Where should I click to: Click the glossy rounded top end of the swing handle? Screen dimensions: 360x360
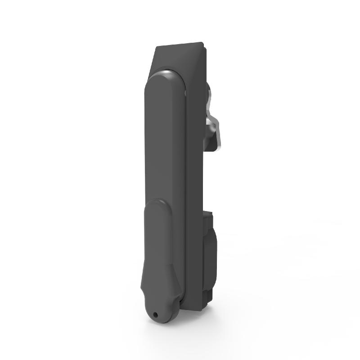pyautogui.click(x=165, y=76)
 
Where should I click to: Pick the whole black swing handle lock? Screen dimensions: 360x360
pyautogui.click(x=175, y=180)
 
